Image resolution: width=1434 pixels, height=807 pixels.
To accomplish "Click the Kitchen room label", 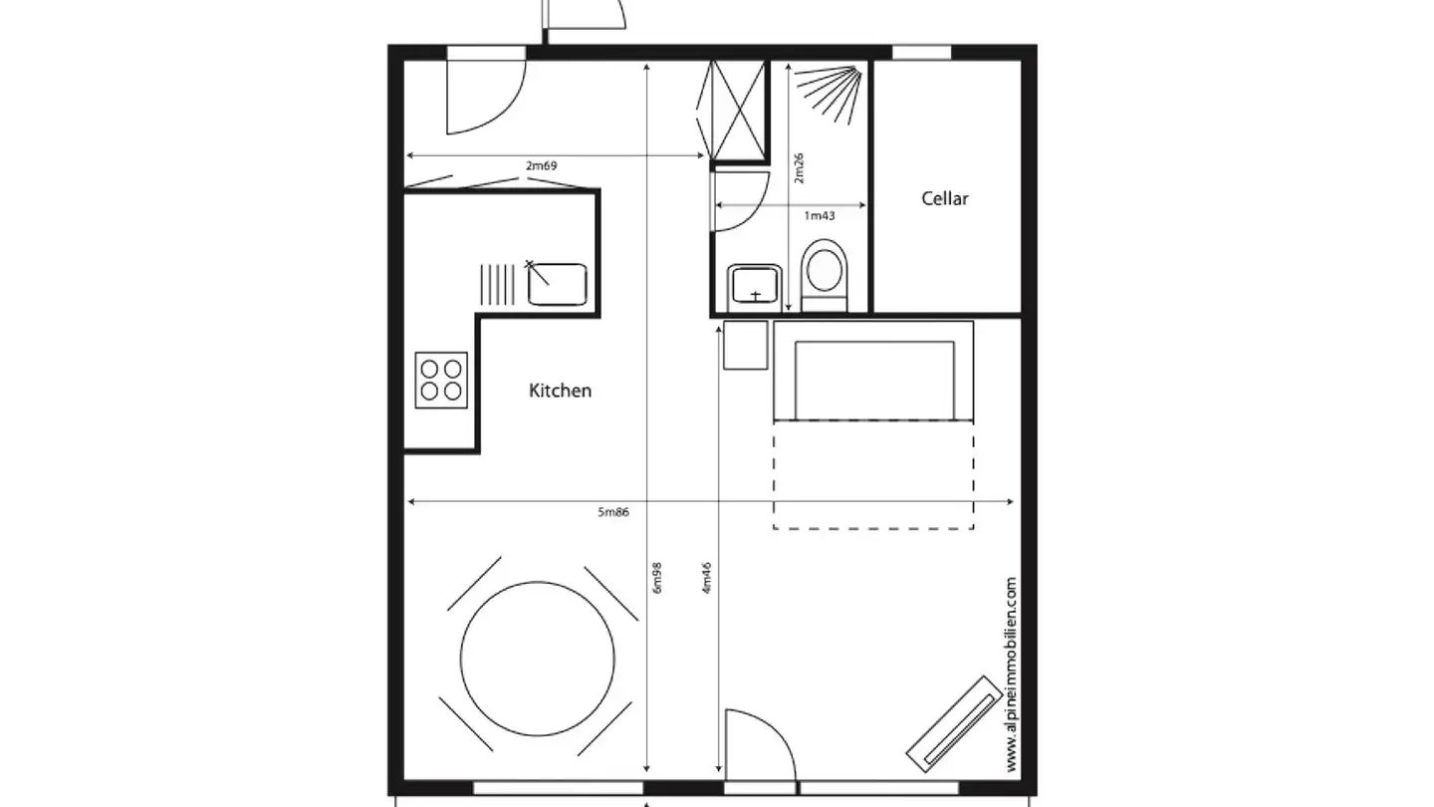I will pos(560,391).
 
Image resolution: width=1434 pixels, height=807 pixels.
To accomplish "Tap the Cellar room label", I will pos(944,198).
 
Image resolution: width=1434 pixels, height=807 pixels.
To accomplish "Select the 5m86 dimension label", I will pos(613,512).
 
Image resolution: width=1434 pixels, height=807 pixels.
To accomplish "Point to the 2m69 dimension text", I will pos(541,165).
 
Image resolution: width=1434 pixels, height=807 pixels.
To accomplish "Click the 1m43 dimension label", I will pos(819,215).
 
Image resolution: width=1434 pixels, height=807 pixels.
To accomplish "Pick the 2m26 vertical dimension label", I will pos(799,167).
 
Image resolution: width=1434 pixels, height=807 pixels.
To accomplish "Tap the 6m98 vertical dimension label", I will pos(657,578).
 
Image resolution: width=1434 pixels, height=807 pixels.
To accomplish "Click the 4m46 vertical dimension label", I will pos(708,578).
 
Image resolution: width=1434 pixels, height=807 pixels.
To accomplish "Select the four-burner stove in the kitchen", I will pos(441,379).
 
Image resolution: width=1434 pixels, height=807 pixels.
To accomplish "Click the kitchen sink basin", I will pos(557,284).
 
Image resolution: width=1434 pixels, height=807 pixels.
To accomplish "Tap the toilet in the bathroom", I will pos(824,270).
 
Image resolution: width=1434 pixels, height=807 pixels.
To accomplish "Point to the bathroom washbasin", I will pos(754,287).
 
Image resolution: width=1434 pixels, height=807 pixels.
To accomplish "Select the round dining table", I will pos(537,659).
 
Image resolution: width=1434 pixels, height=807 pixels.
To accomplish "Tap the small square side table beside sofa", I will pos(746,345).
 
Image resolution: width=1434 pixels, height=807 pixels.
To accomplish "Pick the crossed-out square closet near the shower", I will pos(738,110).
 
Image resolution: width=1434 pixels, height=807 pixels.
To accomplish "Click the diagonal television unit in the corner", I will pos(952,721).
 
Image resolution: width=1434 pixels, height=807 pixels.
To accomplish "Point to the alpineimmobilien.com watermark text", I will pos(1012,673).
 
